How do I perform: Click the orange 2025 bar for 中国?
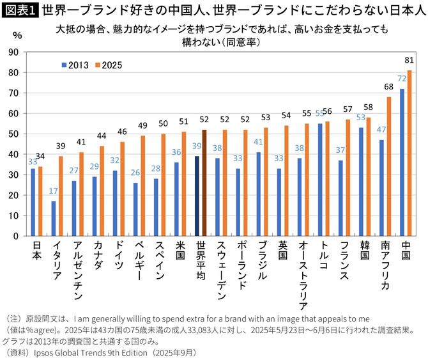409,153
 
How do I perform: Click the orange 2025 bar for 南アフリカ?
389,166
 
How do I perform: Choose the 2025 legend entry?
107,65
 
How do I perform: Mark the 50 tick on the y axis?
13,134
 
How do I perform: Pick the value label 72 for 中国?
402,79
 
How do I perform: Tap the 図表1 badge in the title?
19,9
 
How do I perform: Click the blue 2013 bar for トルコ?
321,180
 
